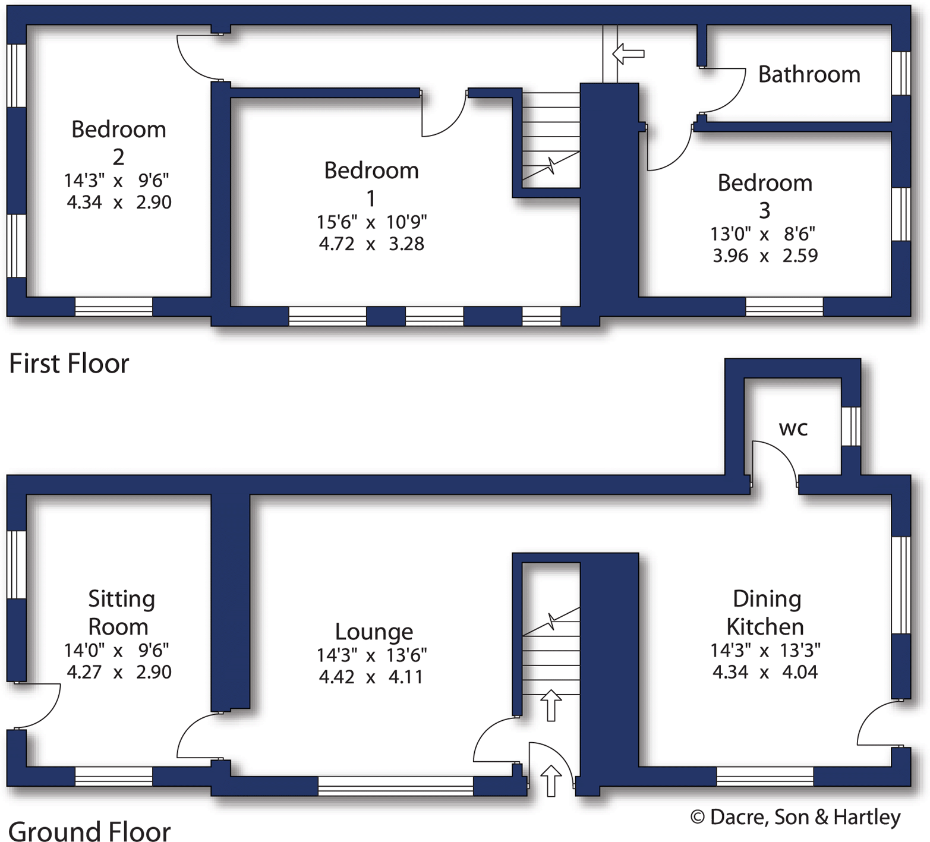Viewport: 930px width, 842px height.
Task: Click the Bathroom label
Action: [x=809, y=74]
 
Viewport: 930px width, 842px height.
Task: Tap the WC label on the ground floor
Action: [x=793, y=428]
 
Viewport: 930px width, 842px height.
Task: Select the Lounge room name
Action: [x=374, y=631]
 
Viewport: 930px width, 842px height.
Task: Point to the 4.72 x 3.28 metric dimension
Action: [x=371, y=244]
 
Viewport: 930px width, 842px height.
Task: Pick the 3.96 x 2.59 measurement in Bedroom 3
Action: [x=765, y=256]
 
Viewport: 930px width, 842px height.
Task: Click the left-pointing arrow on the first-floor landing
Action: [x=628, y=53]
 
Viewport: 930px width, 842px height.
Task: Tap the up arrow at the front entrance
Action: [x=551, y=780]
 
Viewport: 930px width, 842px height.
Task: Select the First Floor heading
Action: [x=69, y=363]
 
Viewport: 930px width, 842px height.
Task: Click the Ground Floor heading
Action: [x=89, y=830]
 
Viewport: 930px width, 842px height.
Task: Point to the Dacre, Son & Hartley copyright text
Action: [x=795, y=817]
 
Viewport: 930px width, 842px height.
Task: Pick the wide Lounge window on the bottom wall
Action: [x=395, y=786]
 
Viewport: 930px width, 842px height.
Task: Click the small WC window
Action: [x=851, y=425]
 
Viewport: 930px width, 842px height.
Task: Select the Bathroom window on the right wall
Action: [x=901, y=73]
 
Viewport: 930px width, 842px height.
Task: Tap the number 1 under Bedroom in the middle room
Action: [x=371, y=198]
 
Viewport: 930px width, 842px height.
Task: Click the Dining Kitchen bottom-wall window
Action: [x=764, y=776]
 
